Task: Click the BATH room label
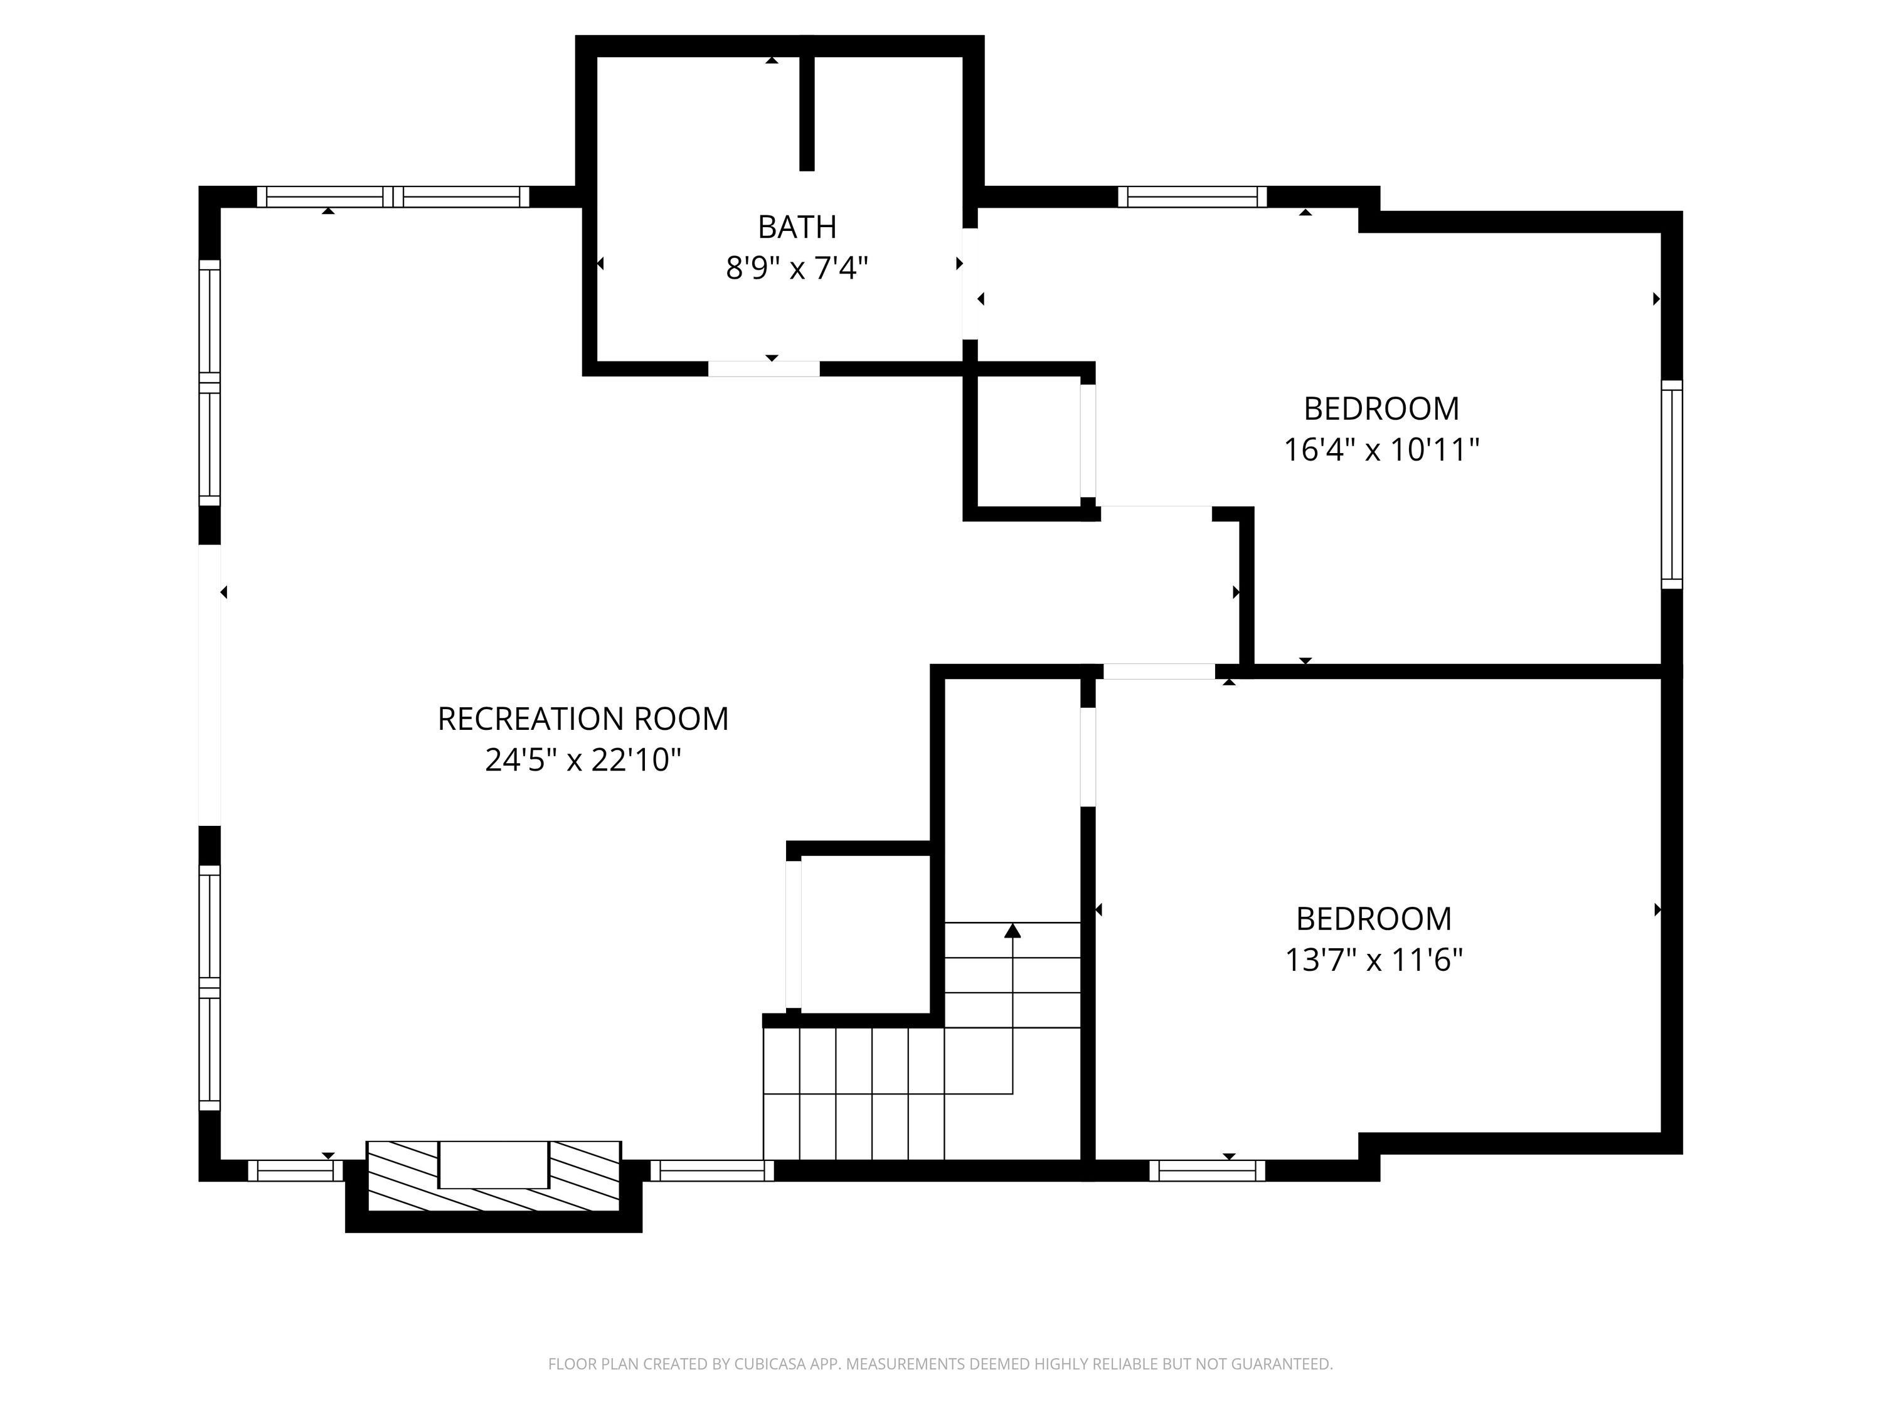(797, 227)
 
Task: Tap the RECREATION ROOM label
(583, 719)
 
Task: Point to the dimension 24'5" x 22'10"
(583, 760)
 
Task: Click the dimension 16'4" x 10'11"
(1381, 449)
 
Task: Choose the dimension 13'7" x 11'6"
(1374, 960)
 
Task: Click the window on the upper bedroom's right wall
(1672, 484)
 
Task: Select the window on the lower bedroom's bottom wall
(1208, 1171)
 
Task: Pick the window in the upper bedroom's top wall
(1192, 196)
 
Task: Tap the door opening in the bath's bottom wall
(764, 368)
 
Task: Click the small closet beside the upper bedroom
(1029, 441)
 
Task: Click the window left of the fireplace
(295, 1171)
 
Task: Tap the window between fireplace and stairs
(712, 1171)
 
